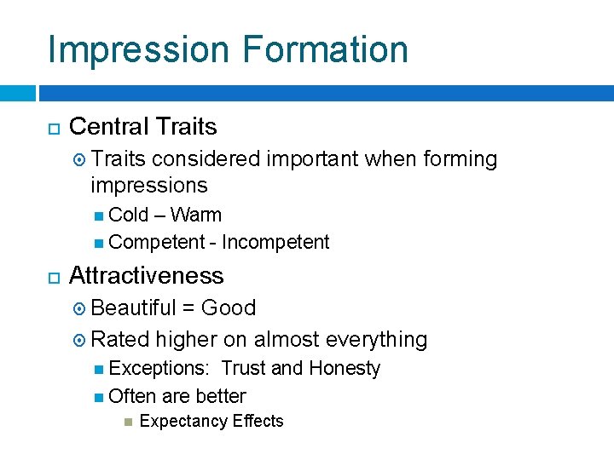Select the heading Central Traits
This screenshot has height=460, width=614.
tap(142, 127)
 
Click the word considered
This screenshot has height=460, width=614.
tap(206, 159)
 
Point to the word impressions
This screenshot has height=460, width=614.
tap(148, 185)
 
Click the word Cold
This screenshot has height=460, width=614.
tap(129, 215)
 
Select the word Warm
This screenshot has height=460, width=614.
tap(195, 215)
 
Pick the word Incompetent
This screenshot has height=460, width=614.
tap(275, 243)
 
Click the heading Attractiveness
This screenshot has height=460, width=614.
tap(146, 276)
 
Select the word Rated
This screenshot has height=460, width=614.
tap(119, 339)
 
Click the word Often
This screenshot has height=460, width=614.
tap(131, 396)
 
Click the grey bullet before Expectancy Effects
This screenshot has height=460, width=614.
tap(129, 422)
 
